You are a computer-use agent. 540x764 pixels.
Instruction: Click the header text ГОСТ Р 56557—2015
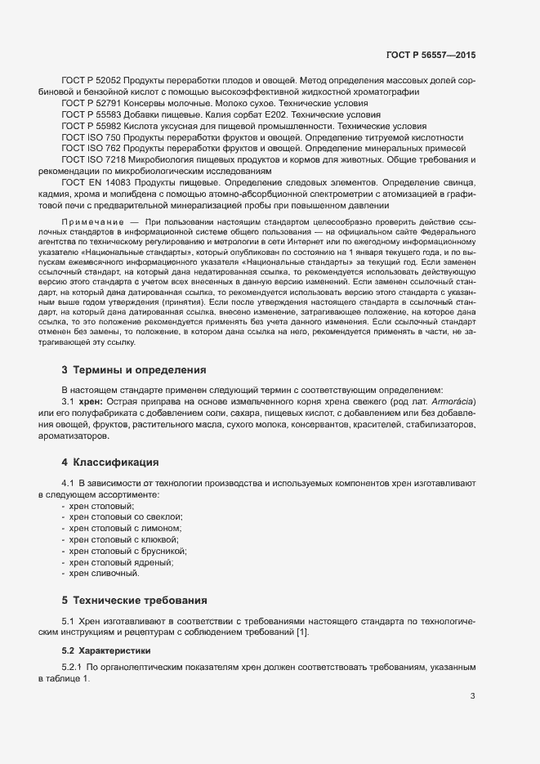[432, 55]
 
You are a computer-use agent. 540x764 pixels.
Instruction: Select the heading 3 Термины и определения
[128, 371]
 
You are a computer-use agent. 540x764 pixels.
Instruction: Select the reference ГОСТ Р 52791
[91, 104]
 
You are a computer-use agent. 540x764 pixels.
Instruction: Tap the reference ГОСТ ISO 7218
[92, 161]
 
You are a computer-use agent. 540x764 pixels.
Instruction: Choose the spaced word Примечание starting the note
[91, 221]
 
